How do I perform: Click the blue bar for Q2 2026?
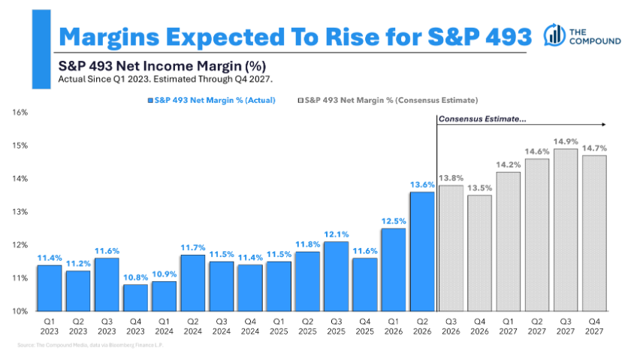(422, 252)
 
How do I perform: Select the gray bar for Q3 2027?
(566, 230)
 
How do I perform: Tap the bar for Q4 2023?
(136, 298)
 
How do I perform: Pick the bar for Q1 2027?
(509, 241)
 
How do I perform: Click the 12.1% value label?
(337, 234)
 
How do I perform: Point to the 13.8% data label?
(451, 178)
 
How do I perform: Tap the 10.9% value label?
(165, 274)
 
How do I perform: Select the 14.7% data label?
(594, 148)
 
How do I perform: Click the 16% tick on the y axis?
(20, 112)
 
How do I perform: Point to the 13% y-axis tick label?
(20, 212)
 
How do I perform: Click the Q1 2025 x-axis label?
(279, 327)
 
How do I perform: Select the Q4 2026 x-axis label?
(480, 327)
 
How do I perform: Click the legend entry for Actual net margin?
(212, 100)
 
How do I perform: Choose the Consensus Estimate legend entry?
(388, 100)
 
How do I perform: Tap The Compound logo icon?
(554, 35)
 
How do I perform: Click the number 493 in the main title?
(509, 37)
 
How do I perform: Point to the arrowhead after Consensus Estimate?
(604, 125)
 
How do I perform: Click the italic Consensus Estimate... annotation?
(482, 119)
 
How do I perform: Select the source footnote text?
(90, 345)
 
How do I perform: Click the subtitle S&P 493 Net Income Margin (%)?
(162, 66)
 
